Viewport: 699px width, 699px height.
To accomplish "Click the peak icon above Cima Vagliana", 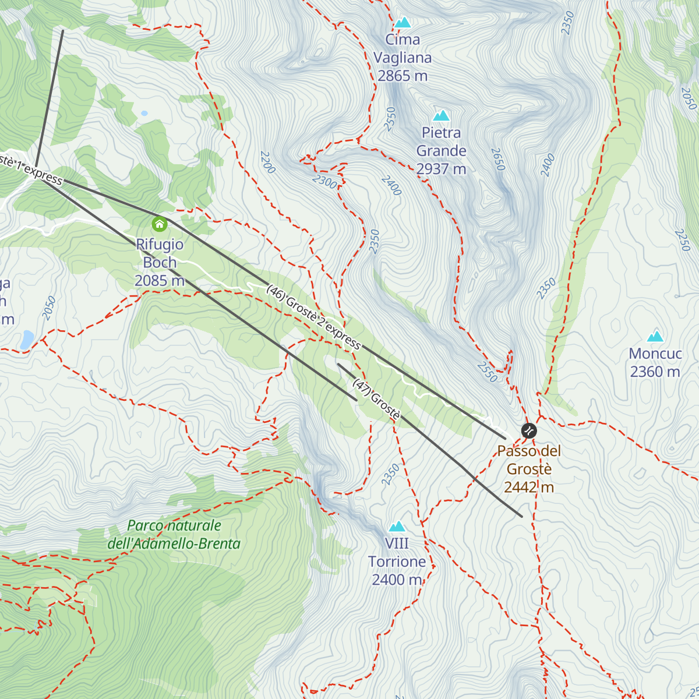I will click(403, 23).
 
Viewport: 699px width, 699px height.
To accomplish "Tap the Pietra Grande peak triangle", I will click(441, 116).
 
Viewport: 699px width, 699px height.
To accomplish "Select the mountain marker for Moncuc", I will click(655, 336).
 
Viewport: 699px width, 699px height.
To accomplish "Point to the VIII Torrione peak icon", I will click(397, 527).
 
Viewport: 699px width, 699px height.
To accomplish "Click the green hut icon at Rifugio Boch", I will click(159, 224).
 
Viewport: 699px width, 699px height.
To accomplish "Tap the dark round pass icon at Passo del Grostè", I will click(529, 431).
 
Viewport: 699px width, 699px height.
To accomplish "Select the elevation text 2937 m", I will click(441, 170).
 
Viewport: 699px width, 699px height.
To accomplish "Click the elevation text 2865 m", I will click(403, 76).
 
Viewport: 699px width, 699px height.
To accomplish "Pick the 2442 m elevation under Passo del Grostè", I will click(529, 488).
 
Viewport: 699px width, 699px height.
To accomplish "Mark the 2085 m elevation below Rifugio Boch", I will click(160, 281).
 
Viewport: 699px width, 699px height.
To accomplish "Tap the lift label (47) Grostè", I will click(377, 399).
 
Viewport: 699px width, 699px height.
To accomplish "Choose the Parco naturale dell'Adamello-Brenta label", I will click(174, 535).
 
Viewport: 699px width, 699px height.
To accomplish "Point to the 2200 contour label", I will click(267, 163).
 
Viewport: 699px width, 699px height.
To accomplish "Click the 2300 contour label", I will click(324, 182).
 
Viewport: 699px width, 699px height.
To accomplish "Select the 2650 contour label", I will click(498, 160).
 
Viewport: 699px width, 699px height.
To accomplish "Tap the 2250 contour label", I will click(682, 240).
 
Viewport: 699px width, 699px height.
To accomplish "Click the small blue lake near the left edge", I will click(26, 340).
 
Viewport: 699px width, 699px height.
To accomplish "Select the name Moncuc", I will click(655, 354).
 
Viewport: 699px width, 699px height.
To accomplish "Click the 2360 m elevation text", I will click(655, 372).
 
